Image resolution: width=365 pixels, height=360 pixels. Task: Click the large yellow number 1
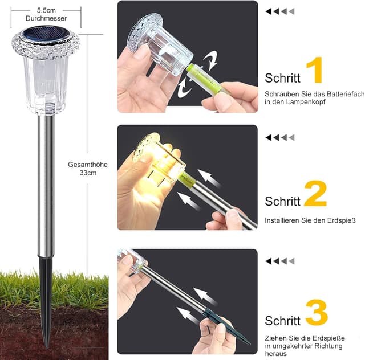click(315, 71)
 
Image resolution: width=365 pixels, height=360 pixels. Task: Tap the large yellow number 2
click(315, 194)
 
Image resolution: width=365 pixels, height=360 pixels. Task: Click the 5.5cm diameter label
click(46, 10)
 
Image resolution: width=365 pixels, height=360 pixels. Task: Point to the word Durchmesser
click(46, 18)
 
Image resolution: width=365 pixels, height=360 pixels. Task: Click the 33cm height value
click(87, 173)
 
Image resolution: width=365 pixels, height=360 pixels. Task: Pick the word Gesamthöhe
click(87, 165)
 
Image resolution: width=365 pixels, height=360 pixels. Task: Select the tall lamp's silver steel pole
click(46, 182)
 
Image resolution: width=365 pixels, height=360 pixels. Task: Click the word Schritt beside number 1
click(282, 79)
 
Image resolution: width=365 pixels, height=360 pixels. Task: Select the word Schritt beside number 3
click(282, 320)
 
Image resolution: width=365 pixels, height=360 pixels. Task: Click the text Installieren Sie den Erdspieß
click(306, 220)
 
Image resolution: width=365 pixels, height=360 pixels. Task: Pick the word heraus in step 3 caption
click(275, 354)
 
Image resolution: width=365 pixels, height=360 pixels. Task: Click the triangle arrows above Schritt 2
click(280, 137)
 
